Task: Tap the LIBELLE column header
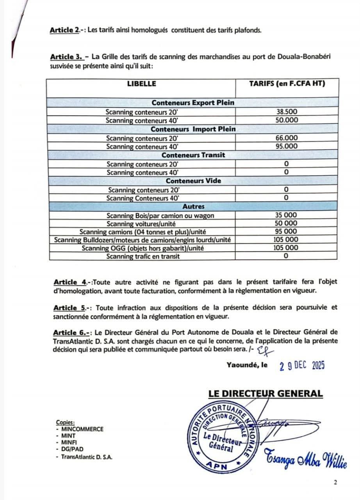141,84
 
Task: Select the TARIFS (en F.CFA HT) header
287,84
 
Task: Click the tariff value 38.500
287,112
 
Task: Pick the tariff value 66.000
287,138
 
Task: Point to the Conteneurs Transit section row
193,155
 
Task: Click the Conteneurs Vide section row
193,181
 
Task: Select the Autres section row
193,206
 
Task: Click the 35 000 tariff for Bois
287,215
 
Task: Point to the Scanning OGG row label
143,248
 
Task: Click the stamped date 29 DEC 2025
302,366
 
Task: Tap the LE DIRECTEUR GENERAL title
266,394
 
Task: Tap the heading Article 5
70,307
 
